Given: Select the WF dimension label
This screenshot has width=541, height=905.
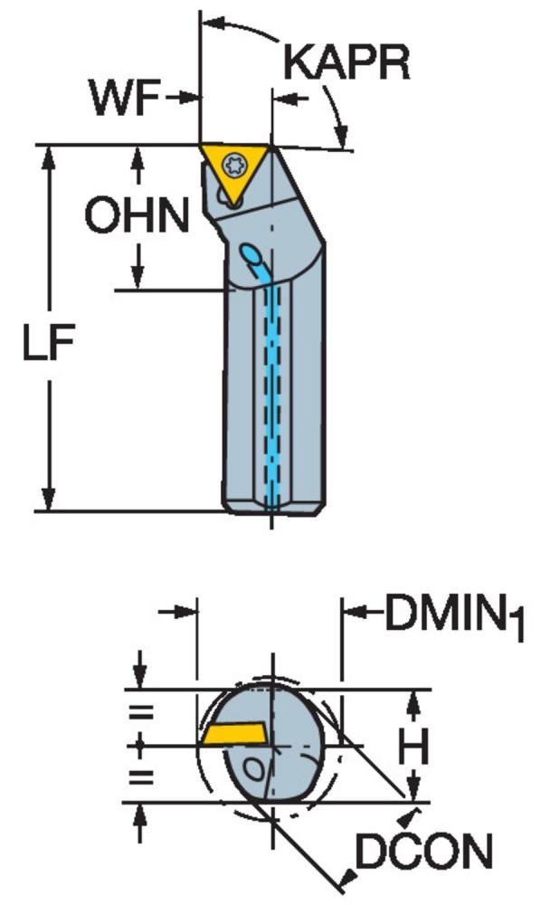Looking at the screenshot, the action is point(124,98).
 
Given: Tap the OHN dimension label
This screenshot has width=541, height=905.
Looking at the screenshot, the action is point(138,214).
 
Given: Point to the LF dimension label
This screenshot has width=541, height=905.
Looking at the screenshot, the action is point(49,342).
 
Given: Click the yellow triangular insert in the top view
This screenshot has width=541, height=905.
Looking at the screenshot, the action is point(234,167).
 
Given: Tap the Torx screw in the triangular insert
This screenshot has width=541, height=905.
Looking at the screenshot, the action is point(234,164).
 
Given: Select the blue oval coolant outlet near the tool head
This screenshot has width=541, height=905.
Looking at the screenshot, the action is point(252,253).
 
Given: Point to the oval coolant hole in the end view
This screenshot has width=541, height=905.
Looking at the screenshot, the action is point(253,768).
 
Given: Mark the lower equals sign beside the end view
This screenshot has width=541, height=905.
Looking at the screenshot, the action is point(141,776).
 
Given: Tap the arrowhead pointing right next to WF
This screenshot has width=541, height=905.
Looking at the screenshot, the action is point(186,98).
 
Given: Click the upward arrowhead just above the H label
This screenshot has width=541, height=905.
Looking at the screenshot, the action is point(413,703).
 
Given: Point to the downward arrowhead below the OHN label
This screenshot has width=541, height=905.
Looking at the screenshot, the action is point(138,277).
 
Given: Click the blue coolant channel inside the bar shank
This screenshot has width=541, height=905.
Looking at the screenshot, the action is point(272,393).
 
